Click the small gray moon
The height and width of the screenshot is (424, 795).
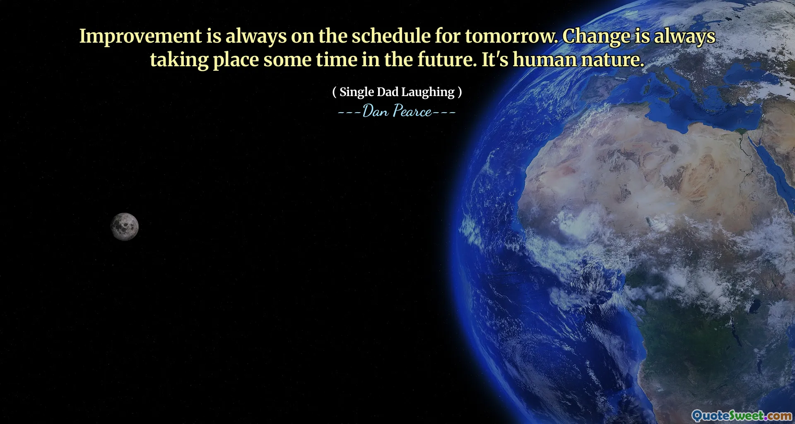124,226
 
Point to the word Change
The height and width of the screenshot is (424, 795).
596,36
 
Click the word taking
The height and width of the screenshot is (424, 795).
179,60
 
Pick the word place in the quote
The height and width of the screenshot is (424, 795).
236,60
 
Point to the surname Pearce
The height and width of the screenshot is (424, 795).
412,111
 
